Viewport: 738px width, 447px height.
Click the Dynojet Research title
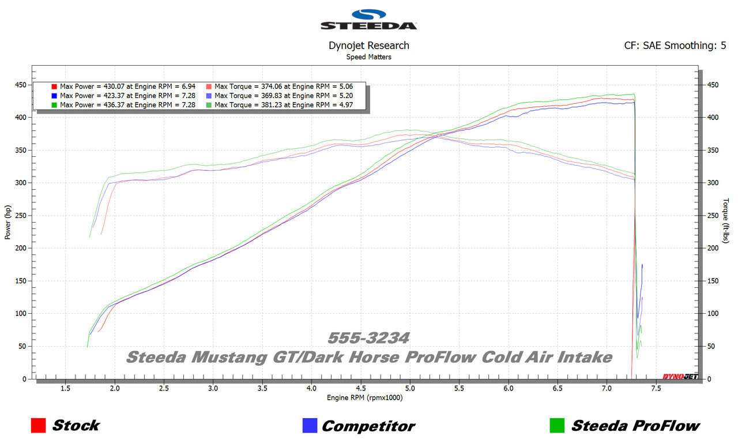pyautogui.click(x=368, y=46)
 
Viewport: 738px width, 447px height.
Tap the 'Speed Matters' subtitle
pyautogui.click(x=368, y=57)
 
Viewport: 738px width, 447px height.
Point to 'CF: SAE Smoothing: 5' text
pyautogui.click(x=675, y=46)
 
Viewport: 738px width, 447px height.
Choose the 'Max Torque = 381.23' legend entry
pyautogui.click(x=283, y=105)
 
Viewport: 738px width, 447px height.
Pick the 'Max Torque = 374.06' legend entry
pyautogui.click(x=283, y=86)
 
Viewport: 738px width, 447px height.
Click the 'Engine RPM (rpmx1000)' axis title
pyautogui.click(x=364, y=397)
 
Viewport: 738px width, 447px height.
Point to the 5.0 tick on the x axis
pyautogui.click(x=410, y=389)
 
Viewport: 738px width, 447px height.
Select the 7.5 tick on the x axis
pyautogui.click(x=656, y=389)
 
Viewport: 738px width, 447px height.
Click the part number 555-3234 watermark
pyautogui.click(x=368, y=338)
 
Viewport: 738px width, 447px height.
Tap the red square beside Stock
pyautogui.click(x=38, y=426)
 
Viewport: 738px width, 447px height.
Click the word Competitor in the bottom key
pyautogui.click(x=368, y=426)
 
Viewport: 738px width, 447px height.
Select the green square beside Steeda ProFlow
pyautogui.click(x=557, y=426)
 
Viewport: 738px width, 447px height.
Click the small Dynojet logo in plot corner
pyautogui.click(x=680, y=377)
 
